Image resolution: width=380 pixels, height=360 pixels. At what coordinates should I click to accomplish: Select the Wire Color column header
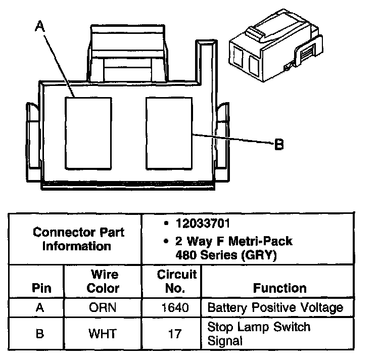coord(104,282)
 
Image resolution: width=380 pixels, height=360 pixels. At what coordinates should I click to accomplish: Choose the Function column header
coord(280,288)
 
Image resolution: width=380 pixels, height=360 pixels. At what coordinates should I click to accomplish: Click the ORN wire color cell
coord(104,308)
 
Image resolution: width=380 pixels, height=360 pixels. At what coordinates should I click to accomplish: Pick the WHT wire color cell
coord(104,334)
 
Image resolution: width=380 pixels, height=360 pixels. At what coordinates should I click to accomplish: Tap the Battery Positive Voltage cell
coord(275,308)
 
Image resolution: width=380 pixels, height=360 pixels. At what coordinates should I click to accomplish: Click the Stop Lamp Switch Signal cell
coord(259,334)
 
